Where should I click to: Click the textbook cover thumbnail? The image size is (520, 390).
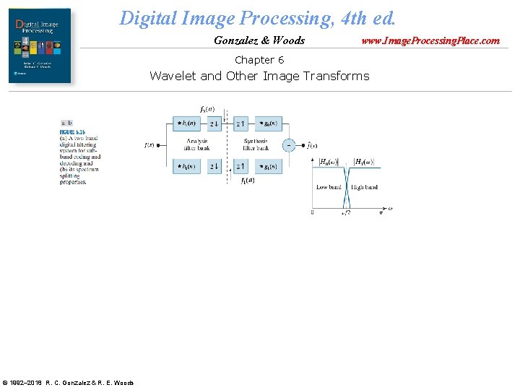[40, 45]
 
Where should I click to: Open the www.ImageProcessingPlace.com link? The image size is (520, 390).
[430, 40]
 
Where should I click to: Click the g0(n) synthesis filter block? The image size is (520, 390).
[267, 123]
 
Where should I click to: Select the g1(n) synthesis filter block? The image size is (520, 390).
[267, 167]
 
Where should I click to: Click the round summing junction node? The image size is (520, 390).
[289, 145]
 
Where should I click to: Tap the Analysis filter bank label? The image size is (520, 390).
[197, 144]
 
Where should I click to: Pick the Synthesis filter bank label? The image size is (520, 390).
[256, 144]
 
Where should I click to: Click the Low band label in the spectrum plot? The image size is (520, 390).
[329, 187]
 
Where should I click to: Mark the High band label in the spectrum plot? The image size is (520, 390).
[365, 187]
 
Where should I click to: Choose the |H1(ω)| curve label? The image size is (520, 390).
[363, 162]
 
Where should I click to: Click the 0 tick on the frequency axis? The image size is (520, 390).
[312, 212]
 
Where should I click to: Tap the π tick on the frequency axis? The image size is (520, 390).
[381, 212]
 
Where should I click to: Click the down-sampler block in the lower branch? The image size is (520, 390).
[214, 167]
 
